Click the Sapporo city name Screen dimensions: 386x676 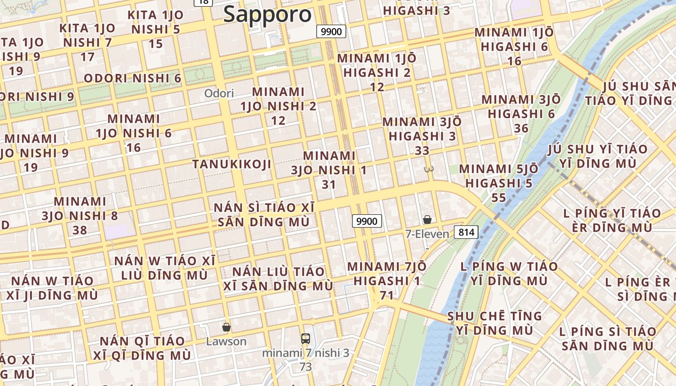point(268,14)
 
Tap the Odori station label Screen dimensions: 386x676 point(219,93)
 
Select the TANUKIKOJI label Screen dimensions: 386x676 point(232,164)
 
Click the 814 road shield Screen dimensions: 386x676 point(466,233)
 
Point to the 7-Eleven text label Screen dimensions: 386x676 point(427,234)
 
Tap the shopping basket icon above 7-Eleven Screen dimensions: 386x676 point(427,220)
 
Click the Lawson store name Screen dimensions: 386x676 point(226,342)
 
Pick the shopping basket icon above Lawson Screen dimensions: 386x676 point(226,328)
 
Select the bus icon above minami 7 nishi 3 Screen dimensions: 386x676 point(305,339)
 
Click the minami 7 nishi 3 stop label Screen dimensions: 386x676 point(305,353)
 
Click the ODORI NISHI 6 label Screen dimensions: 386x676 point(132,78)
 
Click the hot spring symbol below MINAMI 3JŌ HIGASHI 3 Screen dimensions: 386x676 point(428,169)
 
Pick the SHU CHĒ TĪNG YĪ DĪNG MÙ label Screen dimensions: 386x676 point(494,323)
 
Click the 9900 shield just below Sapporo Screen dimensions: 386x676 point(331,32)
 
